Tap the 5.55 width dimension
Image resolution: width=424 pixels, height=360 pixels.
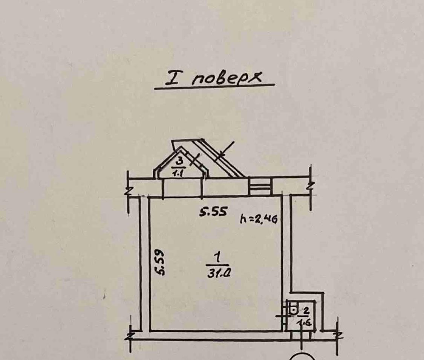(x=213, y=212)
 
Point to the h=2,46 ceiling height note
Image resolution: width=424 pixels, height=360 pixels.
(x=259, y=219)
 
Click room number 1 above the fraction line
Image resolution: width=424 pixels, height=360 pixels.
(x=217, y=257)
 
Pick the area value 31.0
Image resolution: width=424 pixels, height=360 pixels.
(x=219, y=273)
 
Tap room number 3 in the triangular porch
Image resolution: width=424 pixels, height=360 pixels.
(x=179, y=161)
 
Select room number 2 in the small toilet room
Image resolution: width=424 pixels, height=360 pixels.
(x=306, y=311)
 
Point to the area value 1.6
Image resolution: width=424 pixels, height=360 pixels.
(x=306, y=322)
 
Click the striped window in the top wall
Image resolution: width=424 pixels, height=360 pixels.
(x=259, y=186)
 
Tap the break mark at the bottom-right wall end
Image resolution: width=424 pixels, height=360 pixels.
(x=338, y=335)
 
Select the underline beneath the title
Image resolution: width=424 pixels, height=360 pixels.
(x=214, y=87)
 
